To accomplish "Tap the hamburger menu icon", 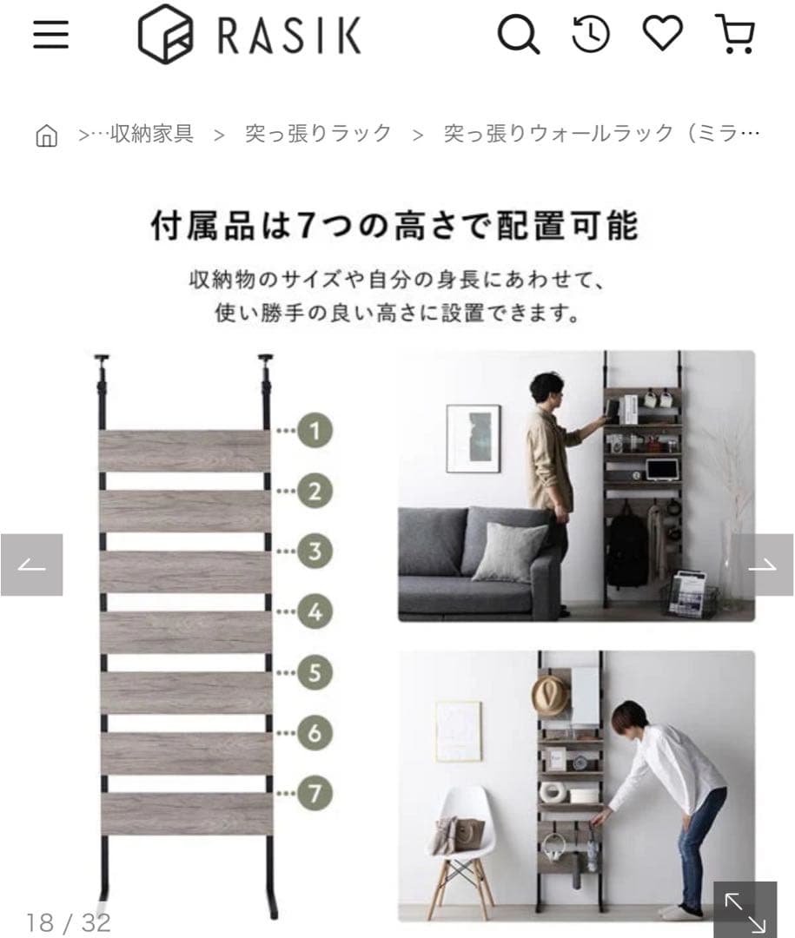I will [50, 35].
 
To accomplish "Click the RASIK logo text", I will [288, 36].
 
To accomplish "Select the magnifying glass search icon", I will [518, 36].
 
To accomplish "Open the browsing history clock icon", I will [591, 35].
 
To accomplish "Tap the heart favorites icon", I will [663, 34].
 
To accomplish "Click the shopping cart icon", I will [735, 35].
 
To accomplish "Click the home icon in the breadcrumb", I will [46, 135].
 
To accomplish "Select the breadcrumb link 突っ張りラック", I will [318, 134].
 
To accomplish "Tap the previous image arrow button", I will [31, 565].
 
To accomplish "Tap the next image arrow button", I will [762, 565].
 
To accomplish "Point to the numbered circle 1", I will [315, 430].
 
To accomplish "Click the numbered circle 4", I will [315, 611].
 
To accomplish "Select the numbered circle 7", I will [315, 792].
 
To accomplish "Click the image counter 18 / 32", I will [69, 922].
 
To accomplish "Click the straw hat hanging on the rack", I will [550, 695].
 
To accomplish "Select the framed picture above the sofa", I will [473, 438].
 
